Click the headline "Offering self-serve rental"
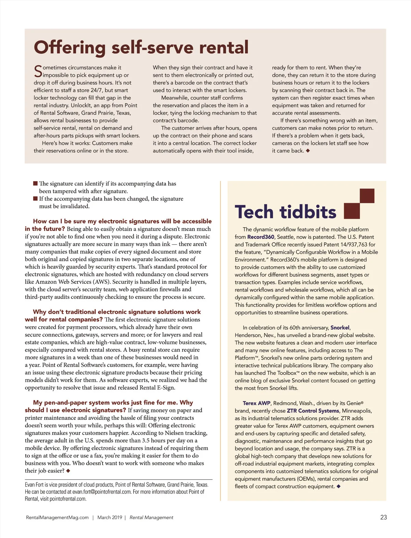point(141,47)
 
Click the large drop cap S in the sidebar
point(38,71)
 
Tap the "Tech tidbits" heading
point(285,212)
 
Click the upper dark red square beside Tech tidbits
point(367,196)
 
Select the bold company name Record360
point(261,237)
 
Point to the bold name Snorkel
point(340,328)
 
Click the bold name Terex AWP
point(257,403)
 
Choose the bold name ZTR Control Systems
point(313,411)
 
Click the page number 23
point(384,517)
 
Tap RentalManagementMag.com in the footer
point(57,517)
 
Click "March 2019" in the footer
point(110,517)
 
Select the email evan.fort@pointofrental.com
point(102,492)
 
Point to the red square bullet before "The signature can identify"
point(35,183)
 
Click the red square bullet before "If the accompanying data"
point(35,198)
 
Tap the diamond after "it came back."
point(308,151)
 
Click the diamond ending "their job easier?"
point(68,471)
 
